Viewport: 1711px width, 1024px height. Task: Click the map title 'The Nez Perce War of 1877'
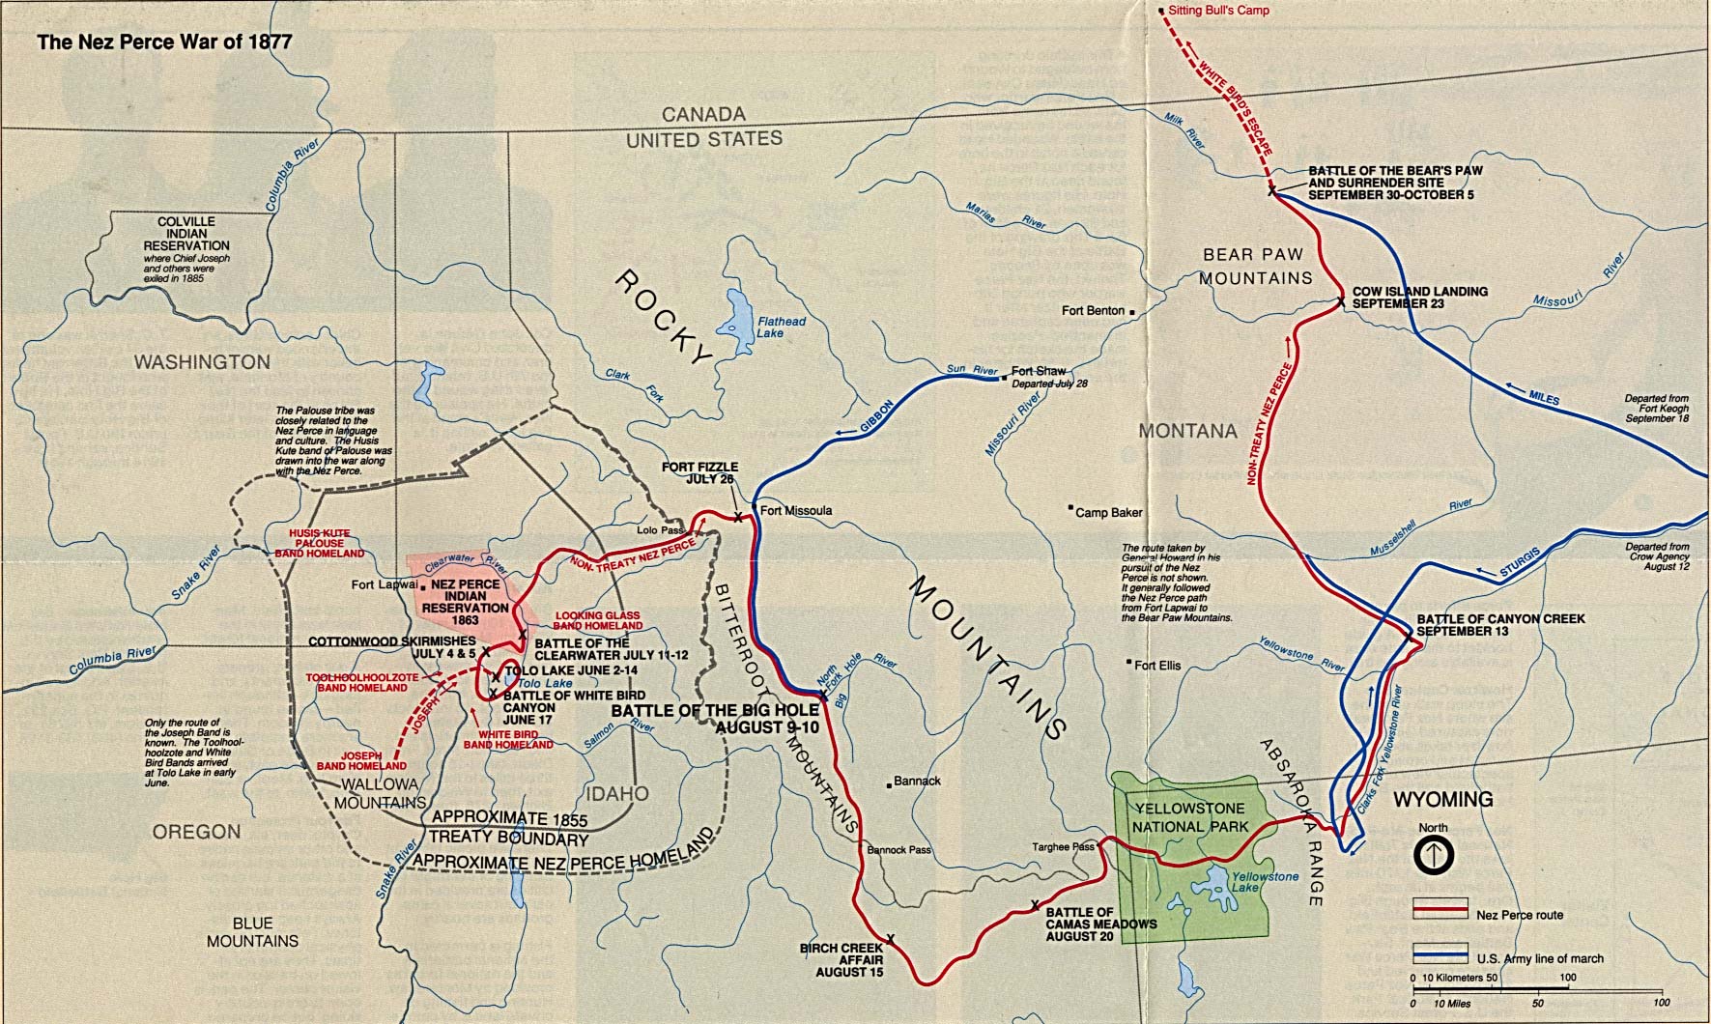[164, 43]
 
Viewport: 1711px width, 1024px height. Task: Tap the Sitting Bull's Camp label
[1218, 11]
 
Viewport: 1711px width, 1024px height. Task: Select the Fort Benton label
[1093, 311]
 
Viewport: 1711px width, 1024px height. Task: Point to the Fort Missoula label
[795, 510]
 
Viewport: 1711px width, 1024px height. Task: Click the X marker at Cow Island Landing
[1341, 301]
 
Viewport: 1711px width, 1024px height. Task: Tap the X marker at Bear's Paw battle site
[1272, 191]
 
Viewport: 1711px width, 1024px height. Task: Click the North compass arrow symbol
[1434, 855]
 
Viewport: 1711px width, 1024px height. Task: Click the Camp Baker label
[1108, 513]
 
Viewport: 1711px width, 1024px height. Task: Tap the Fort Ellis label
[1156, 666]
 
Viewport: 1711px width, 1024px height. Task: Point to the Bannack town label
[917, 781]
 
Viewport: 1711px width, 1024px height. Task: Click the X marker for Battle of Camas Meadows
[1035, 905]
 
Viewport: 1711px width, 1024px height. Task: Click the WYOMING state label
[1442, 800]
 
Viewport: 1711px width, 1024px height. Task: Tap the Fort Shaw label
[1039, 372]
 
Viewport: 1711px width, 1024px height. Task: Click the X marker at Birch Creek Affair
[890, 938]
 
